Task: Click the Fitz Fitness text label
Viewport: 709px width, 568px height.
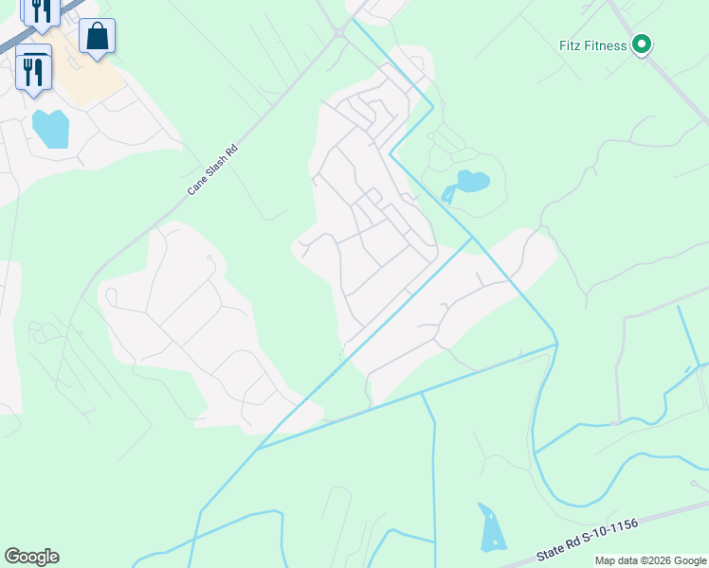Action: [x=592, y=45]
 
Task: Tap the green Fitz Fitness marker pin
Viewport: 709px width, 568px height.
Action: [x=642, y=44]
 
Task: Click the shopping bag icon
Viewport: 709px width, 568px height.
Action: [x=97, y=37]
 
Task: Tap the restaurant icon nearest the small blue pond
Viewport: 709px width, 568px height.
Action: [x=34, y=70]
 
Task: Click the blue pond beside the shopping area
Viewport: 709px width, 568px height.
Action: [x=51, y=128]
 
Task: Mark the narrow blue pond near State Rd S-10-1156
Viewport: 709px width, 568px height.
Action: [x=491, y=528]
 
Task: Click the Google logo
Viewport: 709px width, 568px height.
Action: [x=31, y=557]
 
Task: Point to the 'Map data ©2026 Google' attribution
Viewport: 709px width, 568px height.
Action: [x=650, y=560]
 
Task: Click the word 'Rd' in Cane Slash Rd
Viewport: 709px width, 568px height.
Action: [x=228, y=152]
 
